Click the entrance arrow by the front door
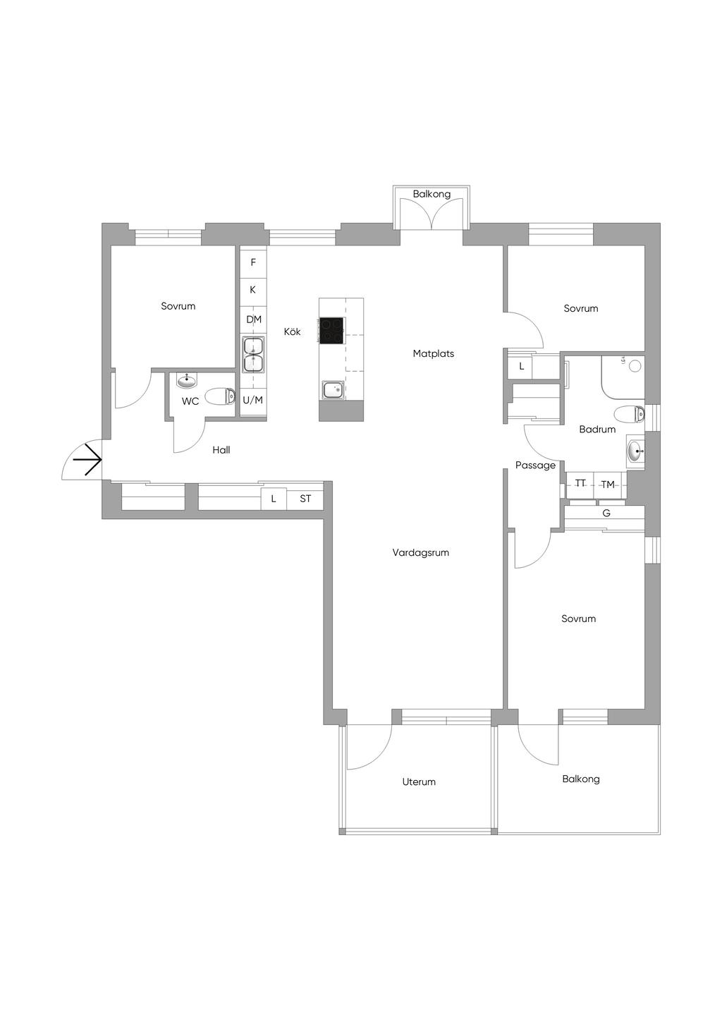87,460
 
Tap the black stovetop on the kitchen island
331,331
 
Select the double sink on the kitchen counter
252,355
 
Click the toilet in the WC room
220,396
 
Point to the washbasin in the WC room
187,380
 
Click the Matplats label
434,353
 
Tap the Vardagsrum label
420,552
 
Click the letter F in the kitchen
253,262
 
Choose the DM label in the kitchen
254,320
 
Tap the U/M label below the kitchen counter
252,400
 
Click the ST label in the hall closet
305,499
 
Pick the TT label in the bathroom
580,483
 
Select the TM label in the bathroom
608,485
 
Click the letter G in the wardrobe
606,513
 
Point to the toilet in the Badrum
629,414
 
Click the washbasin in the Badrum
635,451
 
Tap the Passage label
535,466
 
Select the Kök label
293,331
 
